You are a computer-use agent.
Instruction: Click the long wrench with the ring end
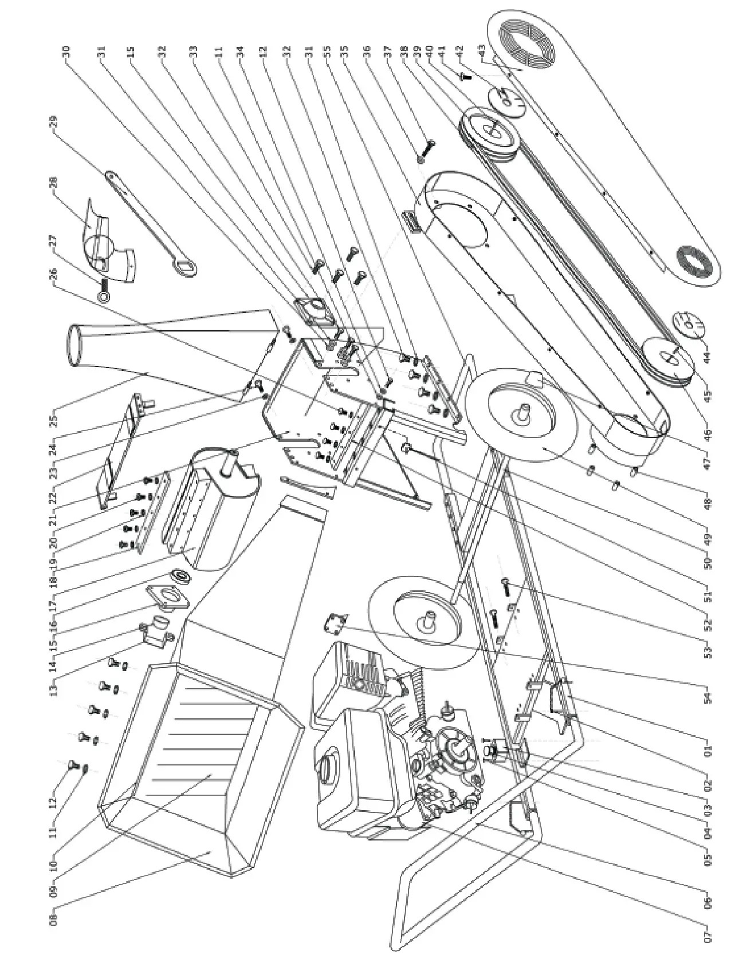(152, 220)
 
